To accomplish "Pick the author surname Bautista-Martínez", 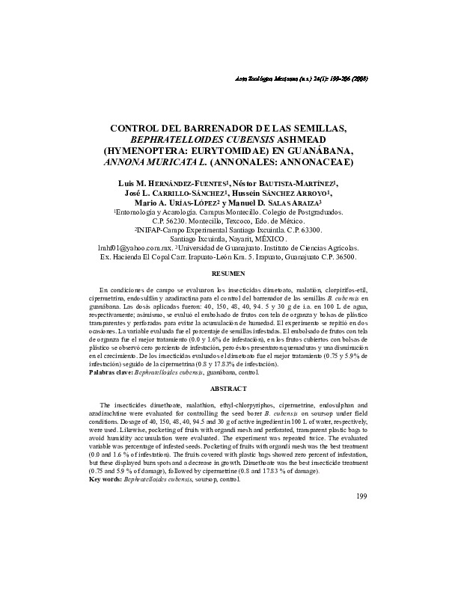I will point(303,182).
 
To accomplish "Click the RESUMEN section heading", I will point(229,274).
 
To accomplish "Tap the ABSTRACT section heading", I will point(229,389).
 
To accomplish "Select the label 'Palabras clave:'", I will point(112,371).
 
